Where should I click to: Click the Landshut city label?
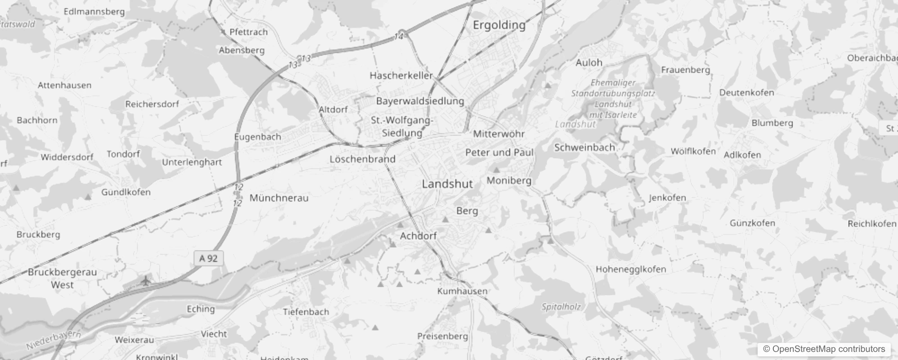click(x=447, y=184)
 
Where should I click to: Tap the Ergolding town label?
click(x=499, y=25)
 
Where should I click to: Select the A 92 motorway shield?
click(x=208, y=258)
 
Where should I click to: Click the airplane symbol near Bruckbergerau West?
click(x=145, y=282)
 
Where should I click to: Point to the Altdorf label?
click(x=333, y=109)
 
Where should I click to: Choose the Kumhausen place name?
click(x=462, y=291)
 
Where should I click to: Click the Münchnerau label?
click(x=279, y=198)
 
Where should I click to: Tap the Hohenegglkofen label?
click(x=631, y=269)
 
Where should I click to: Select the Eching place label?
click(x=201, y=309)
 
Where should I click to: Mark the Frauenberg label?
click(x=685, y=70)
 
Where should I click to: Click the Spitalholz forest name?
click(x=561, y=307)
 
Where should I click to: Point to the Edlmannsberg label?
click(x=94, y=12)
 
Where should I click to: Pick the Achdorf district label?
click(x=418, y=236)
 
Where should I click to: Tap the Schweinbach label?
click(x=584, y=148)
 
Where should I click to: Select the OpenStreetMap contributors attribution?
click(x=824, y=349)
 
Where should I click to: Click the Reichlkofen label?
click(x=871, y=224)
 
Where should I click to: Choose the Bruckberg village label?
click(x=38, y=234)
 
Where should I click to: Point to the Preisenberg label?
click(x=442, y=336)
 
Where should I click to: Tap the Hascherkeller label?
click(x=401, y=76)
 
